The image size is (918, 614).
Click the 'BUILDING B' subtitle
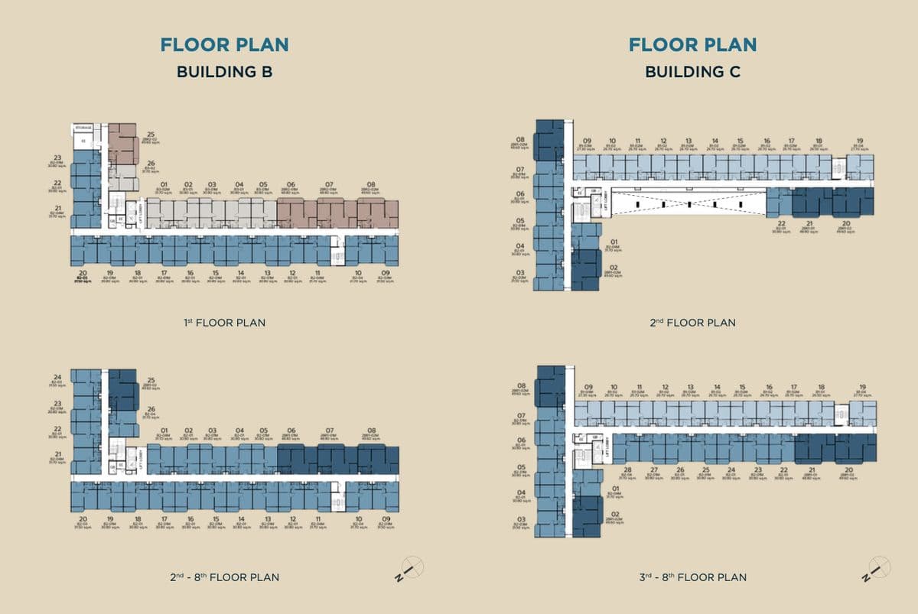tap(224, 72)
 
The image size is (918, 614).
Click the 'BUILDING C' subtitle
tap(692, 72)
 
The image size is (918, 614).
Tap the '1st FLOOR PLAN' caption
tap(224, 323)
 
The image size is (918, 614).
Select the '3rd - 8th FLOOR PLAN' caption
tap(693, 577)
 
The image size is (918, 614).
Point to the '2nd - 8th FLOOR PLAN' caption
tap(224, 577)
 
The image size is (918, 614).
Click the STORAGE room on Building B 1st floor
tap(83, 128)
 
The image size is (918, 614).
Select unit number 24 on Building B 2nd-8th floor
tap(57, 377)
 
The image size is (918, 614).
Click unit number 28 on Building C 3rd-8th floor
tap(627, 470)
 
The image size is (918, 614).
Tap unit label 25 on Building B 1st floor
tap(151, 135)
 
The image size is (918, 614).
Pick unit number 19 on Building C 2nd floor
tap(860, 141)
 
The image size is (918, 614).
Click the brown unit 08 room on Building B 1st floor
tap(377, 214)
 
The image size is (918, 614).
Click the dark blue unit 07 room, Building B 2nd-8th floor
tap(337, 460)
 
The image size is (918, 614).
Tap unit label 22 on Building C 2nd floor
tap(781, 223)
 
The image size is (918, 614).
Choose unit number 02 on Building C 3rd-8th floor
tap(613, 513)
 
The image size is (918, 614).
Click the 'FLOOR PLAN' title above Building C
tap(692, 44)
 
